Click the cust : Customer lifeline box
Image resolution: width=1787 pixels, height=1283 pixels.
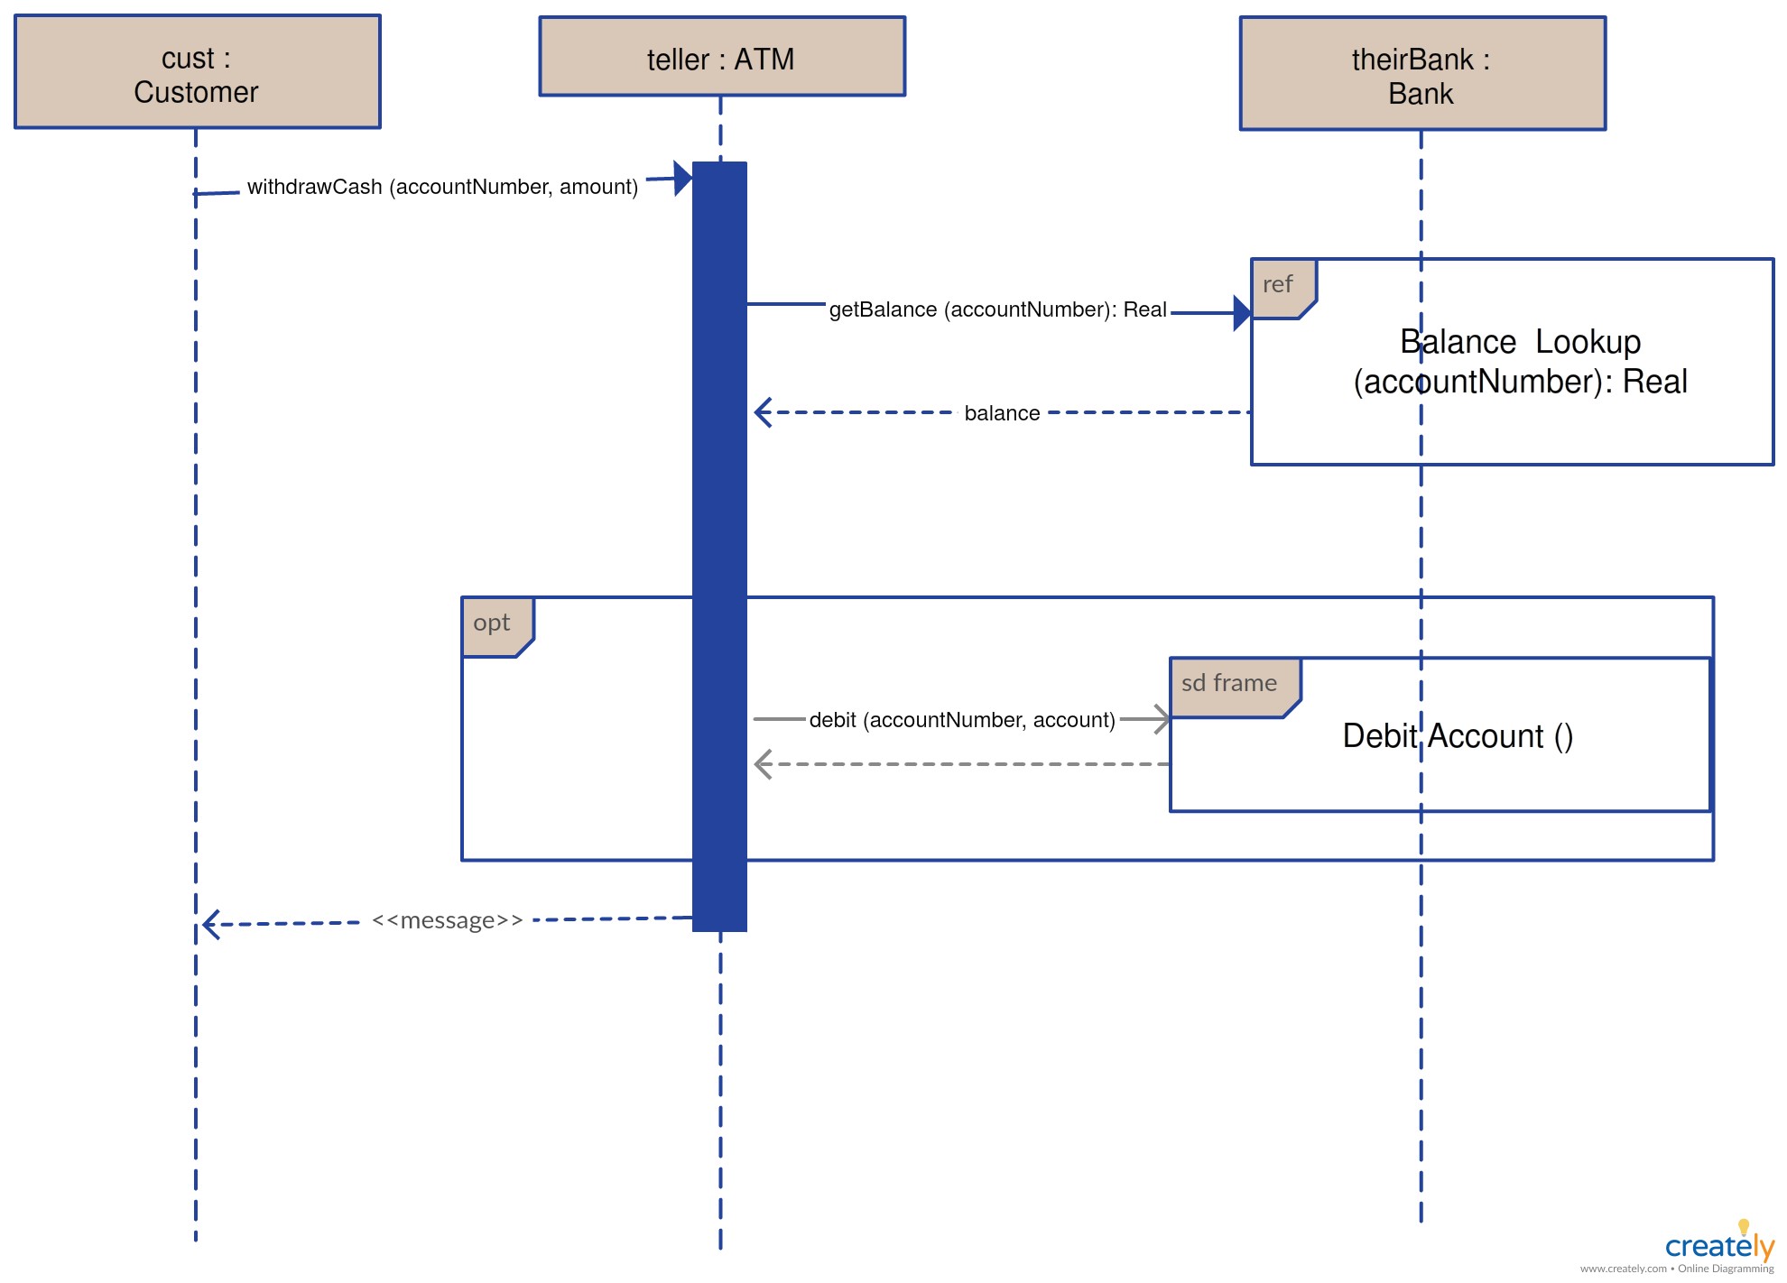[x=198, y=71]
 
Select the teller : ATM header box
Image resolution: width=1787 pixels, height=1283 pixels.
[x=722, y=56]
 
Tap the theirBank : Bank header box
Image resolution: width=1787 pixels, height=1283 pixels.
[x=1422, y=73]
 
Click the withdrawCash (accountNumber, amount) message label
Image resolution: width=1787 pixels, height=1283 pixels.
[x=442, y=187]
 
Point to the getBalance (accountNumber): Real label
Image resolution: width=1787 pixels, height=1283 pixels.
[x=997, y=309]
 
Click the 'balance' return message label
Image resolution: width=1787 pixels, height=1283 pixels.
[x=1002, y=413]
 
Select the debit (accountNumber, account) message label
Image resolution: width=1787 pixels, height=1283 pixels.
[x=962, y=720]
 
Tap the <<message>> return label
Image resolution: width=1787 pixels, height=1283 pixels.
[x=447, y=920]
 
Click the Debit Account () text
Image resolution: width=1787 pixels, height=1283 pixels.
[x=1458, y=736]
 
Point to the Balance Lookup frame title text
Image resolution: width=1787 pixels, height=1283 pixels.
[x=1521, y=362]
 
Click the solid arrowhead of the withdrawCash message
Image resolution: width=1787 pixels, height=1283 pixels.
[x=683, y=179]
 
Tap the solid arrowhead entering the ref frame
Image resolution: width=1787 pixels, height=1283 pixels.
[x=1242, y=313]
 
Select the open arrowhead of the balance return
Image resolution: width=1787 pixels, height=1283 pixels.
[x=764, y=412]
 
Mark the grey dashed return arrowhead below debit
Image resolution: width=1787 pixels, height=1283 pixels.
[x=764, y=764]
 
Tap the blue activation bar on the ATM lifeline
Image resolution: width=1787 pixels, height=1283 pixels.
[x=719, y=547]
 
